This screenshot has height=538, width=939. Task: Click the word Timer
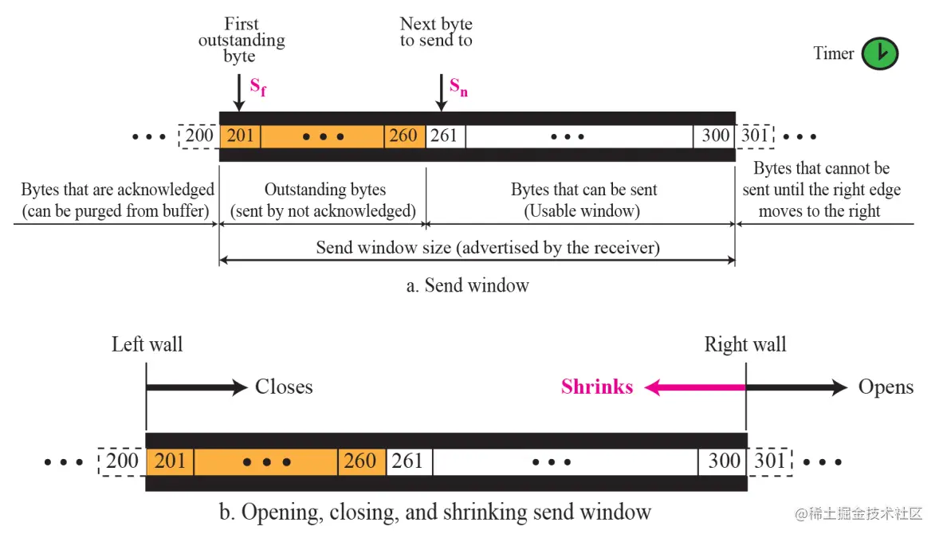pos(834,53)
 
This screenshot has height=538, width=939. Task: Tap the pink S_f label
pos(257,86)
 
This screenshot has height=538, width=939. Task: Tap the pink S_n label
pos(458,86)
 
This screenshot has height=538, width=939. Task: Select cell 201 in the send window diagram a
pos(239,136)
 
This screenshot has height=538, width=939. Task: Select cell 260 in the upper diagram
pos(403,136)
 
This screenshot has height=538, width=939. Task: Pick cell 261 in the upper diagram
pos(445,136)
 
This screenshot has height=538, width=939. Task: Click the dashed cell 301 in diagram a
pos(755,136)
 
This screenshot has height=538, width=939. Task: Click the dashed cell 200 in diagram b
pos(122,461)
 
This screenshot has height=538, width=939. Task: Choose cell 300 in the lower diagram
pos(724,461)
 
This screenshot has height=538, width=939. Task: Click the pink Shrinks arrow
pos(693,388)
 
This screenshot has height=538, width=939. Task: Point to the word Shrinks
pos(597,387)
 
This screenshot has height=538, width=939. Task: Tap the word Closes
pos(284,387)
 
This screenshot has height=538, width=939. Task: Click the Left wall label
pos(147,344)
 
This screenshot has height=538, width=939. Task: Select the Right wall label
pos(745,344)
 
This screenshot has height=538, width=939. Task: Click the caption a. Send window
pos(467,285)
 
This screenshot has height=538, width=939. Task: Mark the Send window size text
pos(488,247)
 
